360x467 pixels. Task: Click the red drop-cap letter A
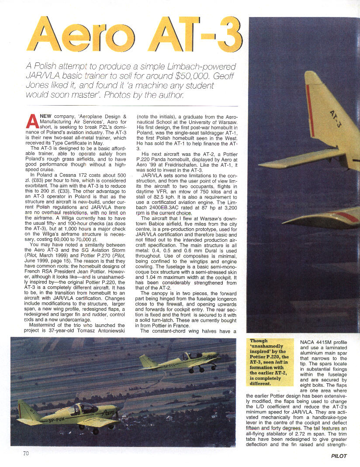[x=32, y=120]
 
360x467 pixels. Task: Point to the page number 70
[x=26, y=453]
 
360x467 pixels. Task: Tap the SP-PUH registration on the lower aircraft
[x=56, y=420]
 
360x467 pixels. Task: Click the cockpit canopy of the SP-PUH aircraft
[x=83, y=409]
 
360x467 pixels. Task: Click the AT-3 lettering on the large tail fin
[x=336, y=118]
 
